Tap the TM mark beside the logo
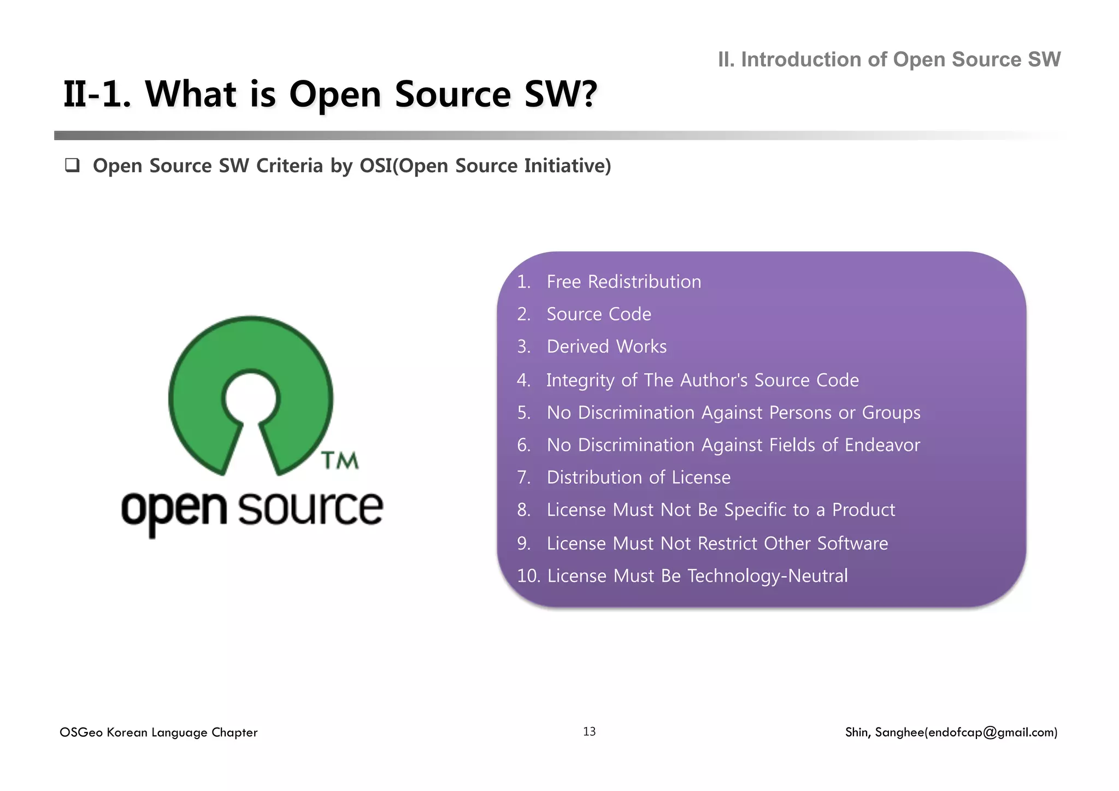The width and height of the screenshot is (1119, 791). [x=340, y=460]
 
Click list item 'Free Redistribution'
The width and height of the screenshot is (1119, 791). [x=623, y=282]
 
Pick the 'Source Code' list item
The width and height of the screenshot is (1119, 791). [x=599, y=314]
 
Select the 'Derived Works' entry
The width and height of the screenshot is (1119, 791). [x=606, y=347]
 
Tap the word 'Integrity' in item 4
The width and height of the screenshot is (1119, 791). [x=580, y=380]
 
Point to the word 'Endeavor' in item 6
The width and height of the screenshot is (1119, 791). [x=882, y=445]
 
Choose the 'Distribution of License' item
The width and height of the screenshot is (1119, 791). [x=638, y=477]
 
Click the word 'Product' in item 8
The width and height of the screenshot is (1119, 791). [x=863, y=510]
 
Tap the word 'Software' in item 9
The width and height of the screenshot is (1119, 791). [x=852, y=543]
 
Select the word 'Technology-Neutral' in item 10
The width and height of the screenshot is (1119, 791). [x=767, y=576]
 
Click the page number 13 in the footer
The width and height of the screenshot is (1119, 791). [x=589, y=731]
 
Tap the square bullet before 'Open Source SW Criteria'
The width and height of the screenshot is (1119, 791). [x=72, y=166]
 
